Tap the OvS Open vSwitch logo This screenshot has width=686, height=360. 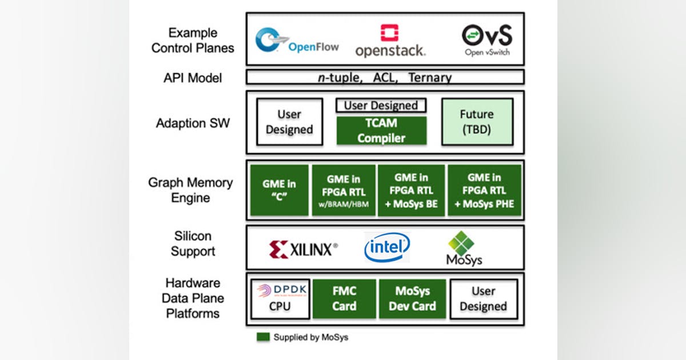(486, 39)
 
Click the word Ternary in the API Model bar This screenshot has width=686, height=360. (429, 77)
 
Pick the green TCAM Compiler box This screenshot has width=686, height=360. (381, 130)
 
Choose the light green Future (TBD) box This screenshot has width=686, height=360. (477, 121)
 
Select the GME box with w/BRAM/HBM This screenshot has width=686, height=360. (344, 190)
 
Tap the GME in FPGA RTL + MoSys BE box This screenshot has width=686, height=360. (412, 190)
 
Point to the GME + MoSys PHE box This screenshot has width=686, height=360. (484, 190)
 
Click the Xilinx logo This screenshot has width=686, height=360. (303, 249)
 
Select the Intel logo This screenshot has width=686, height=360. (387, 247)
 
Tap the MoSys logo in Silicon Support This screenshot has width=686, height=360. (464, 249)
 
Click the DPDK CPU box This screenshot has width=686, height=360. (280, 299)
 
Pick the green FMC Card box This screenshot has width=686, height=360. (344, 299)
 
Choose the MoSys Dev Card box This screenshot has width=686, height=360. (412, 299)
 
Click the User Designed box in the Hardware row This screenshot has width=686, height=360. (483, 299)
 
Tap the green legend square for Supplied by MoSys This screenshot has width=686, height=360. (262, 337)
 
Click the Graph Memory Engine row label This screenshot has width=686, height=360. (190, 190)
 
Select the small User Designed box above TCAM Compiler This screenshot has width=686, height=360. (381, 106)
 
